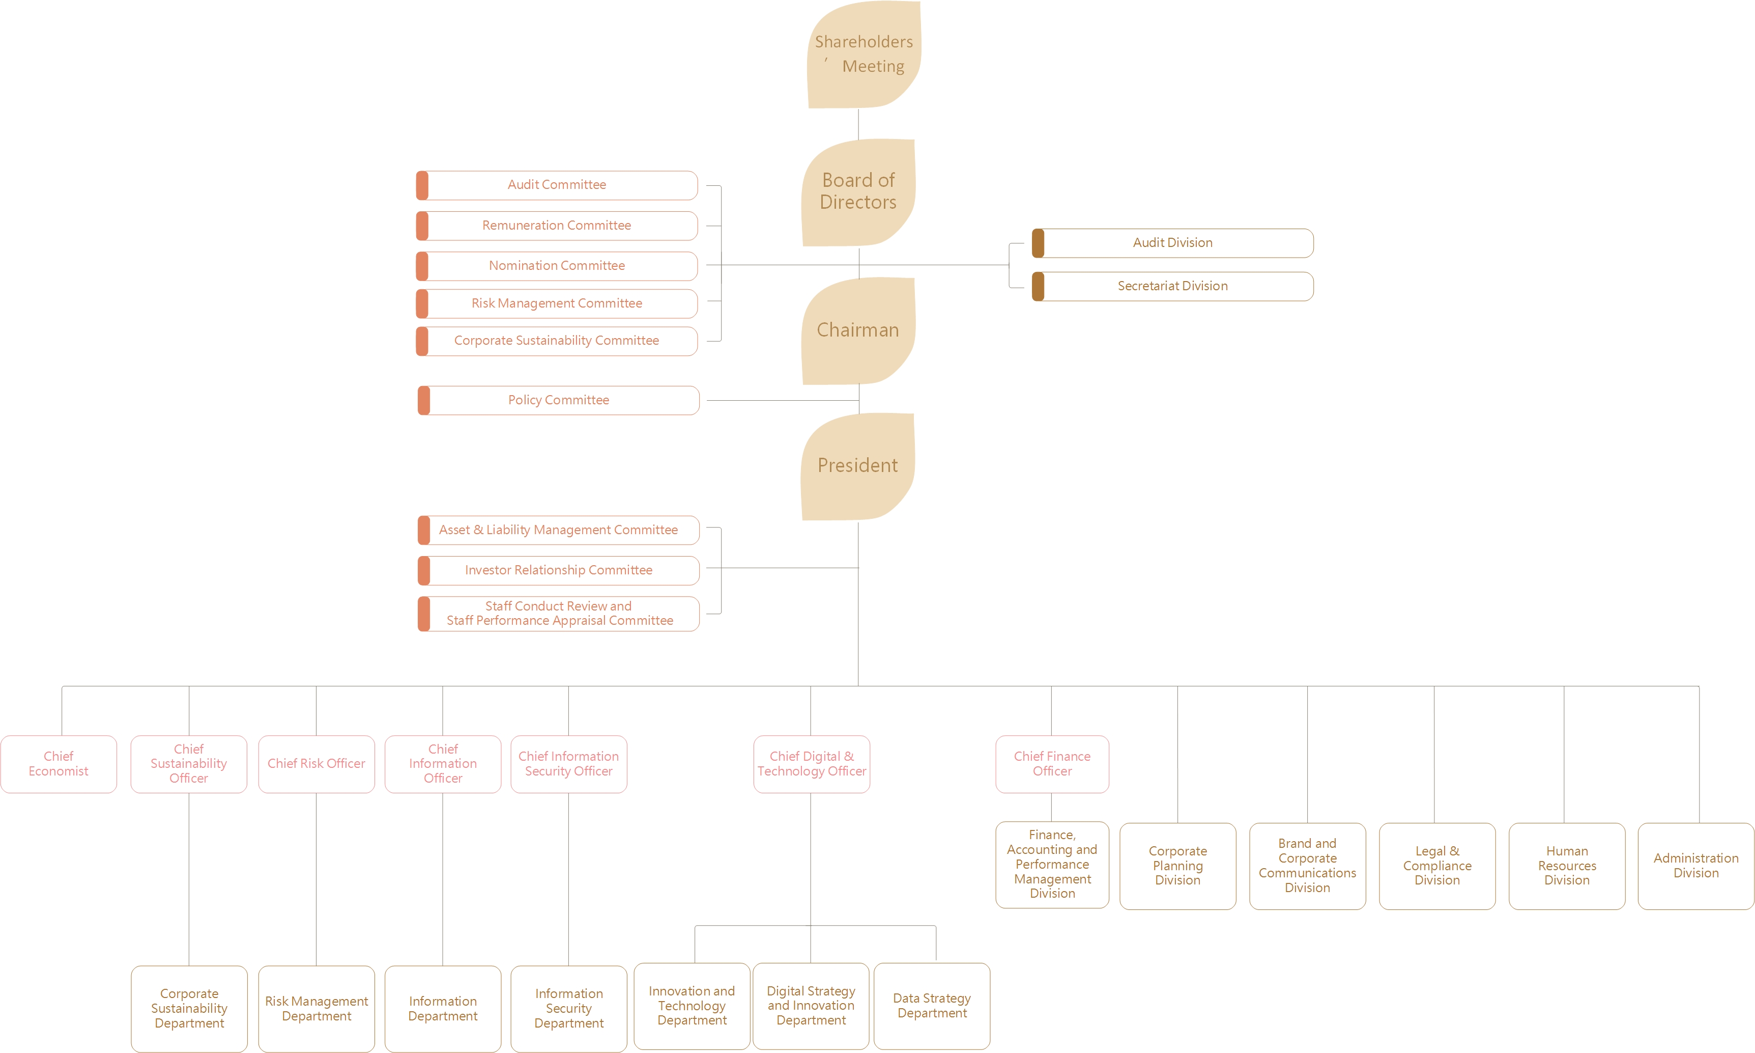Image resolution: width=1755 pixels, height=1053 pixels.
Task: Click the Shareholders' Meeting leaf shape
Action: (863, 54)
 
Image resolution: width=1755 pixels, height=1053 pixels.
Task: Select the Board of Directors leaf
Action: (858, 191)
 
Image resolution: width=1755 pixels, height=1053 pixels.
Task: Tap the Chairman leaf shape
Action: (858, 330)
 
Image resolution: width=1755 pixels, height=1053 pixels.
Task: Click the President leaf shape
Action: (857, 466)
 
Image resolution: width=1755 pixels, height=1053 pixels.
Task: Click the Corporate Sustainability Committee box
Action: (557, 341)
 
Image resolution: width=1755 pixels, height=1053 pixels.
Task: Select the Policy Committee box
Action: (559, 400)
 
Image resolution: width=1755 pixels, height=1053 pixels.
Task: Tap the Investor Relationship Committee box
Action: (559, 570)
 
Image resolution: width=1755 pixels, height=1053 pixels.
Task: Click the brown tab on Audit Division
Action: (1038, 243)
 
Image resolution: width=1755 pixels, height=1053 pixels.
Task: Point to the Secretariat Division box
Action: (1172, 287)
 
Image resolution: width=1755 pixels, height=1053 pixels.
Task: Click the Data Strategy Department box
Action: (932, 1006)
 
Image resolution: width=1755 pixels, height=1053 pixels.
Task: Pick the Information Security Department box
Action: (569, 1008)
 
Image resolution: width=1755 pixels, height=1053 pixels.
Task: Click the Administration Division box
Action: (1695, 866)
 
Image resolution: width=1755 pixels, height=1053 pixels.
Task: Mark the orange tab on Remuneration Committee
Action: (422, 226)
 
